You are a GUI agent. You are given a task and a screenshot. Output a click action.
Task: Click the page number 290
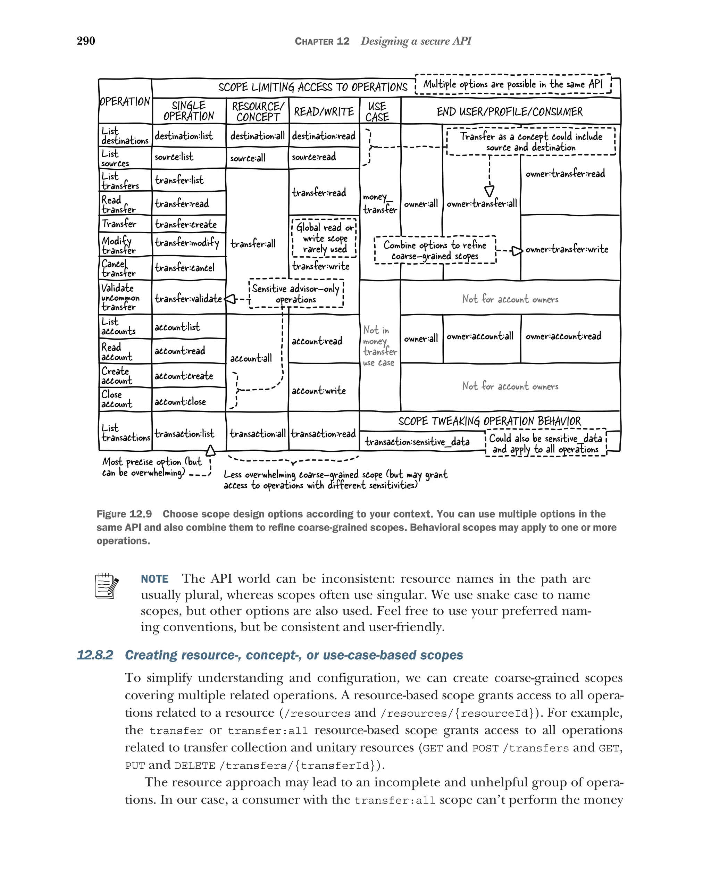pos(86,41)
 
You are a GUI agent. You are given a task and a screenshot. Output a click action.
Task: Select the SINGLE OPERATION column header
pos(189,111)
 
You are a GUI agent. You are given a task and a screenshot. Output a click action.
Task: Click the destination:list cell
pos(184,136)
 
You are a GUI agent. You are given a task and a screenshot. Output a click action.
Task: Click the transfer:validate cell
pos(188,298)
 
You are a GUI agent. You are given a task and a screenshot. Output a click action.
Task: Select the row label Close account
pos(117,399)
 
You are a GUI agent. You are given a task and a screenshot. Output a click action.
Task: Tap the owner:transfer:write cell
pos(567,249)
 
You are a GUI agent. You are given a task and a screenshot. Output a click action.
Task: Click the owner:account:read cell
pos(563,336)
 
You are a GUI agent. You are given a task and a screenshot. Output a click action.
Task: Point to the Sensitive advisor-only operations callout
pos(296,294)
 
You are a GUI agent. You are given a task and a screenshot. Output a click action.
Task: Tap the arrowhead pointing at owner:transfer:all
pos(489,191)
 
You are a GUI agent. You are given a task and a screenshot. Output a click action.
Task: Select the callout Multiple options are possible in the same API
pos(513,84)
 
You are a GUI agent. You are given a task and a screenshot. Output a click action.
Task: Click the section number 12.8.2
pos(95,655)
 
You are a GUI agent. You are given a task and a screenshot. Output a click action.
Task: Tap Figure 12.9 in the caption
pos(124,514)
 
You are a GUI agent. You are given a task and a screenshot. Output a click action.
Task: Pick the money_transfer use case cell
pos(379,203)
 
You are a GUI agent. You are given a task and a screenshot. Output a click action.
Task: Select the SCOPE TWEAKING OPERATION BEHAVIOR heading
pos(489,421)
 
